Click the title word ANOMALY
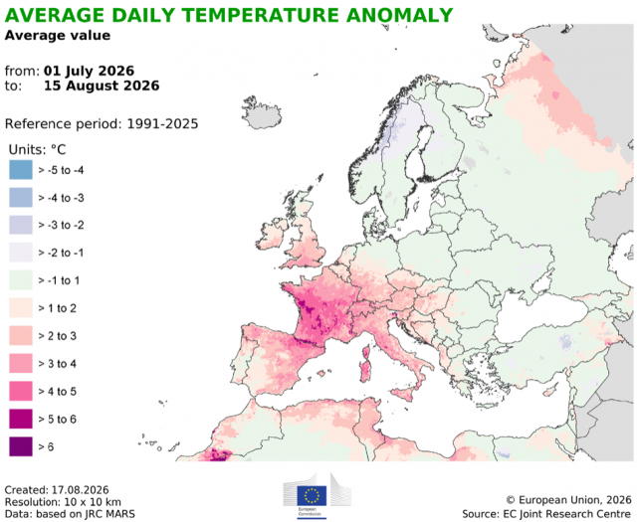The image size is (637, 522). [x=399, y=15]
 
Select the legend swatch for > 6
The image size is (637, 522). [x=21, y=446]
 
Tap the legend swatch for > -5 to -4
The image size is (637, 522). [x=21, y=170]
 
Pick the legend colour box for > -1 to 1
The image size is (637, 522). [x=21, y=280]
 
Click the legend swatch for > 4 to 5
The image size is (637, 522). [x=21, y=391]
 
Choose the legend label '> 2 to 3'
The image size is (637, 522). [x=58, y=336]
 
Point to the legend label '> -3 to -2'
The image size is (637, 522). [x=61, y=225]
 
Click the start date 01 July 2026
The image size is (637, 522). [x=89, y=71]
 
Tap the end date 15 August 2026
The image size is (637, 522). [x=102, y=86]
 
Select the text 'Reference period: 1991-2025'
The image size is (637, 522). [x=102, y=123]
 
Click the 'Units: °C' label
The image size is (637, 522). [x=37, y=149]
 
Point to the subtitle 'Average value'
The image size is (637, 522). [x=58, y=36]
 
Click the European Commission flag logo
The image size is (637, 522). [x=312, y=495]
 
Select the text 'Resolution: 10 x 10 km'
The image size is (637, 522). [x=63, y=502]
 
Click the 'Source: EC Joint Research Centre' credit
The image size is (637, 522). [x=546, y=514]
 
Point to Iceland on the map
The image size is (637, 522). [x=262, y=112]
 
